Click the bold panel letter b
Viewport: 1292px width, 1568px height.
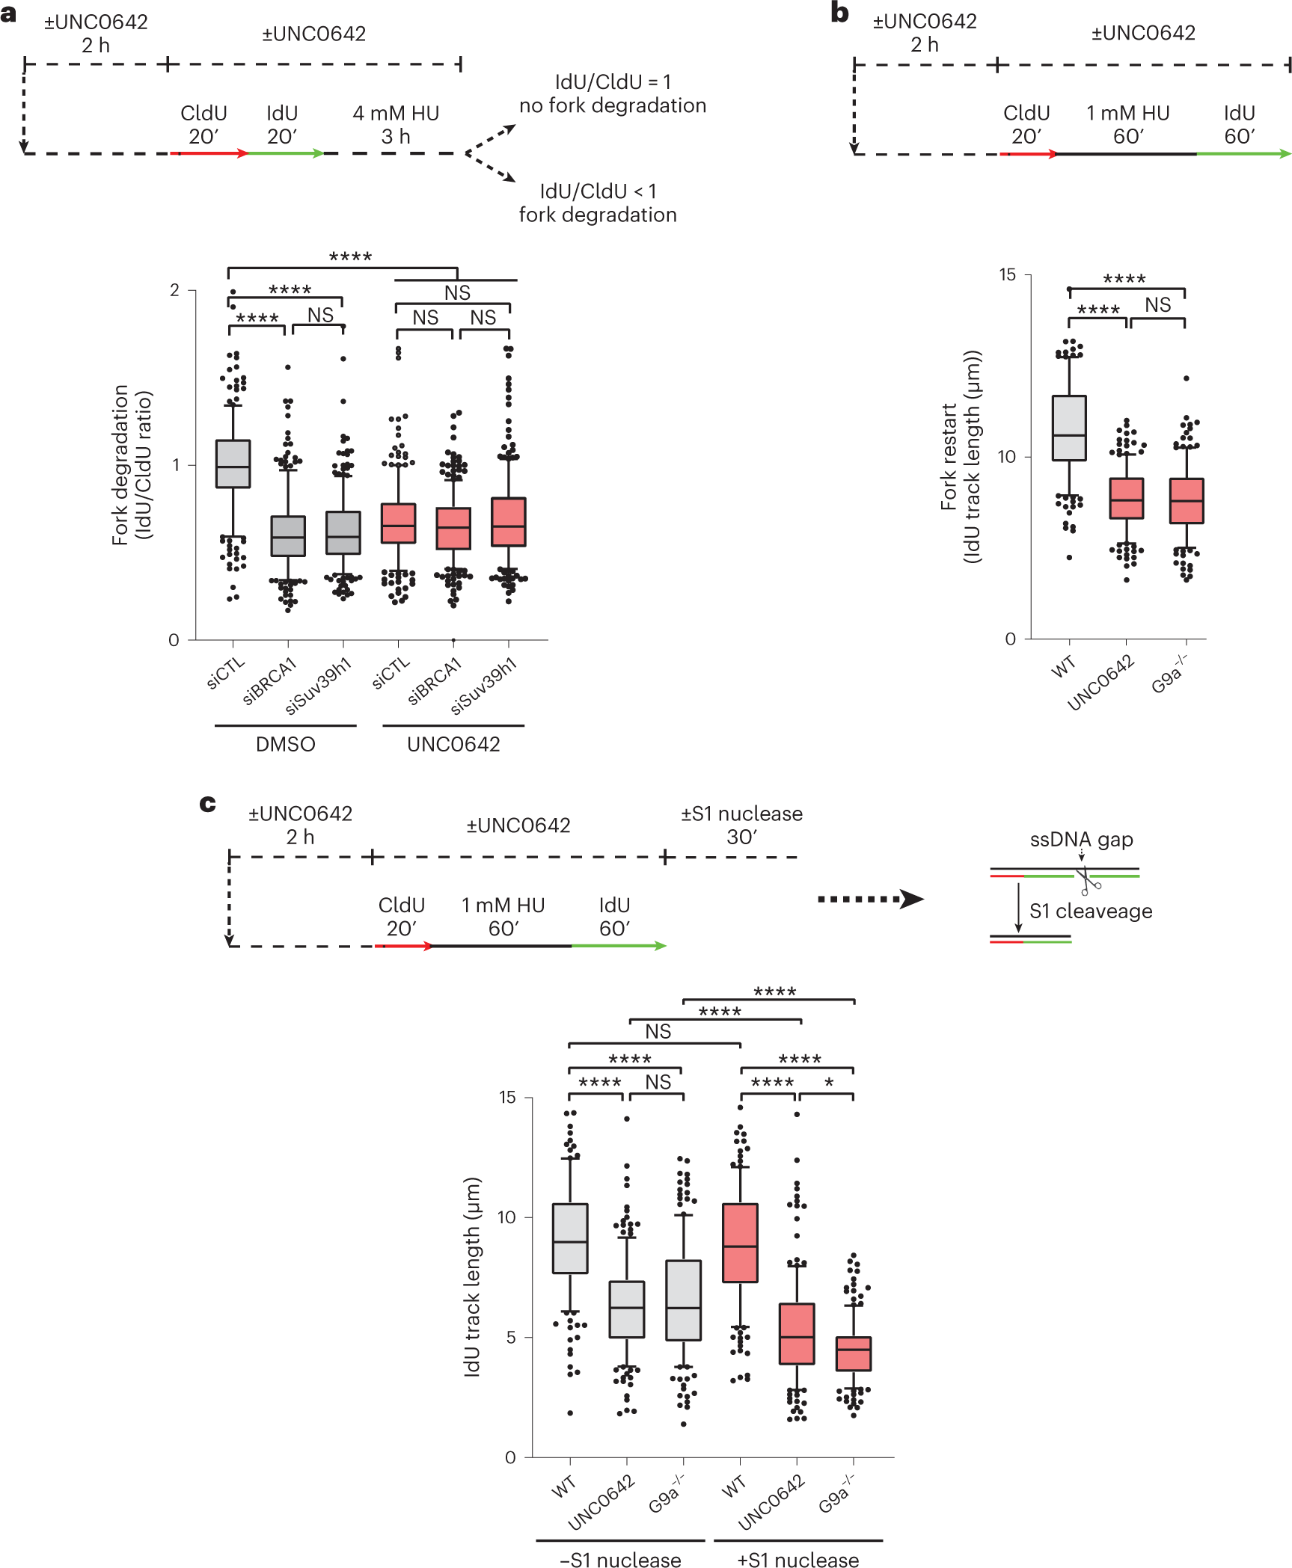(x=839, y=13)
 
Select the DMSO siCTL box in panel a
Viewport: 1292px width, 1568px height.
(x=233, y=464)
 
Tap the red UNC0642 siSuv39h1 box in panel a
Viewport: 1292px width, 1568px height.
(x=508, y=521)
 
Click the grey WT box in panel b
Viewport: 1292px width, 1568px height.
(x=1068, y=428)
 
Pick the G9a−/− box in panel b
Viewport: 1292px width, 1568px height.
(x=1186, y=500)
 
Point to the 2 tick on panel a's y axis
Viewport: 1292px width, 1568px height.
(x=174, y=290)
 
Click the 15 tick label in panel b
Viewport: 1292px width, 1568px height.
(x=1008, y=274)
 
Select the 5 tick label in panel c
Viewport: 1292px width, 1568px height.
(x=511, y=1337)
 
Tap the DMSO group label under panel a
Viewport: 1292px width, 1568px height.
(x=285, y=744)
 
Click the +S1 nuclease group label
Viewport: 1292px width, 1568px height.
(x=797, y=1559)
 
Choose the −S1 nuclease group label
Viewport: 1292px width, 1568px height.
(x=620, y=1559)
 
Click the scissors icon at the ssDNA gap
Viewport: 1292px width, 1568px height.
(x=1087, y=880)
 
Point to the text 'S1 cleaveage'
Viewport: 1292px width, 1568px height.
(x=1090, y=911)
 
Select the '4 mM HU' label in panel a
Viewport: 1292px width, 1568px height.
(x=396, y=113)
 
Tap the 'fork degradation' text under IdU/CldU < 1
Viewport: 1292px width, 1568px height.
(x=598, y=215)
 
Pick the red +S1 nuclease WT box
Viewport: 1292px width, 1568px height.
(x=740, y=1243)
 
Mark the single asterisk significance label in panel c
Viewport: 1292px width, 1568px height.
(x=829, y=1083)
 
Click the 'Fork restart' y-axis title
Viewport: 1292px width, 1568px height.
(x=949, y=456)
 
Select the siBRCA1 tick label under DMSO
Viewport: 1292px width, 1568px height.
(x=269, y=681)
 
